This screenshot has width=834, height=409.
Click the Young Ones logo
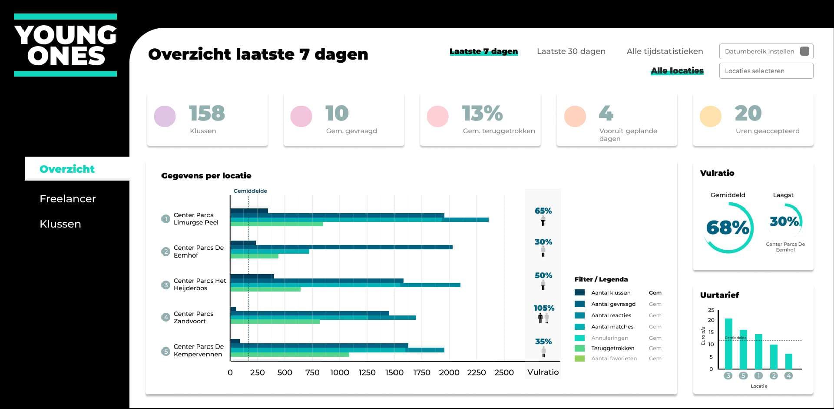[x=66, y=45]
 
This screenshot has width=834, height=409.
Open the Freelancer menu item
[x=67, y=199]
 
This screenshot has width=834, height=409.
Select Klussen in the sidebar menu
[x=60, y=224]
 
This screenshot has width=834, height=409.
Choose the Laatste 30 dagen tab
[x=571, y=51]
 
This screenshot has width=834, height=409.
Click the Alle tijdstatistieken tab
[x=665, y=51]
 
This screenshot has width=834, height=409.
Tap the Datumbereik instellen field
[x=766, y=51]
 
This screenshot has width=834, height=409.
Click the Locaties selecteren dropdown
[x=766, y=71]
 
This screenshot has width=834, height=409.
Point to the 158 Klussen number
[x=207, y=114]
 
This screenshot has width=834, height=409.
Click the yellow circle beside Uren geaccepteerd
[x=710, y=117]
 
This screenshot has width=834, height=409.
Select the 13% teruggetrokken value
[x=482, y=114]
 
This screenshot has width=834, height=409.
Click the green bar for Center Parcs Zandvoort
[x=275, y=322]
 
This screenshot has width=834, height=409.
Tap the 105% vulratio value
[x=544, y=308]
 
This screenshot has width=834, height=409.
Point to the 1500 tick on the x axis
[x=394, y=372]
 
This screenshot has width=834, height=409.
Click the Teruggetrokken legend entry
[x=612, y=348]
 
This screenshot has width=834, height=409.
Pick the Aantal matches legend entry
[x=612, y=327]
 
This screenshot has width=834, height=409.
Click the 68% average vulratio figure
[x=728, y=228]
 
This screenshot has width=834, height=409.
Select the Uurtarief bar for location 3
[x=728, y=344]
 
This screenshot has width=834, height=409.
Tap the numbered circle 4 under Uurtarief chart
[x=788, y=375]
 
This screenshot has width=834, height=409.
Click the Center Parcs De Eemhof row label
[x=199, y=251]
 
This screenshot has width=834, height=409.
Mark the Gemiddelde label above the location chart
[x=250, y=191]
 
